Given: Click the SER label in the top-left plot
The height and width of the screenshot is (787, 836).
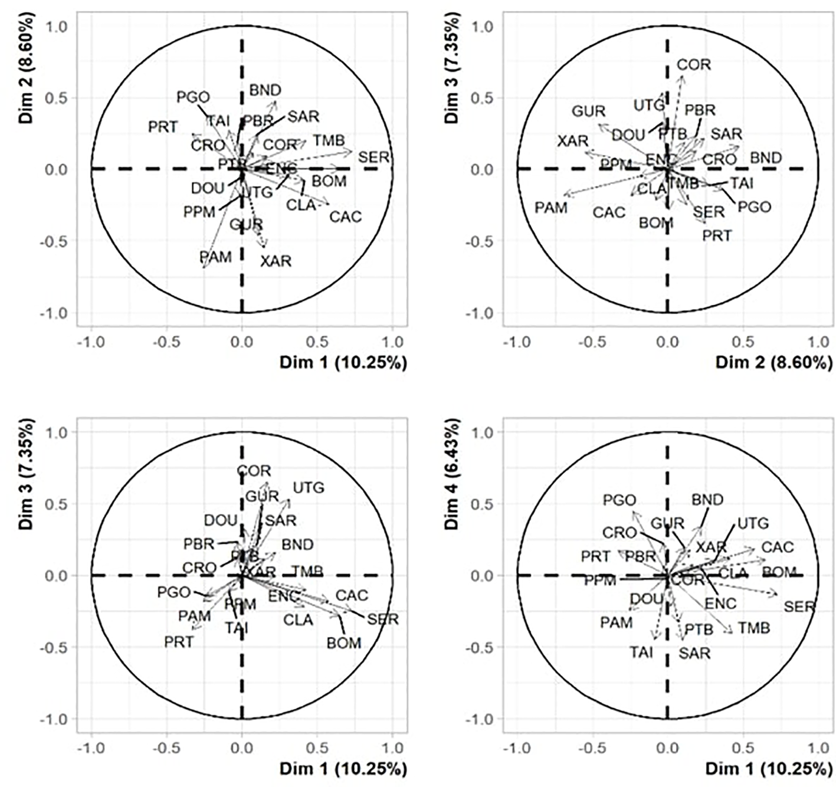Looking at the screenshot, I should pyautogui.click(x=374, y=158).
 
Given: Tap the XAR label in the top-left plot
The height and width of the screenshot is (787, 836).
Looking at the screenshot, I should pyautogui.click(x=276, y=260).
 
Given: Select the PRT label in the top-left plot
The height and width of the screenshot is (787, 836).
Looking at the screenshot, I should pyautogui.click(x=163, y=127).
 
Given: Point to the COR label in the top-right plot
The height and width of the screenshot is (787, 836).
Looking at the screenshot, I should pyautogui.click(x=694, y=64).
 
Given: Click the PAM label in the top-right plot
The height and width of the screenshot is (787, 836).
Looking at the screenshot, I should pyautogui.click(x=551, y=208).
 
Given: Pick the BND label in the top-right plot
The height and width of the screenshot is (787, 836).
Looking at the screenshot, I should pyautogui.click(x=766, y=158).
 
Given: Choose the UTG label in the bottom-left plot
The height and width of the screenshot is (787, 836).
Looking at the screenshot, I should pyautogui.click(x=309, y=488).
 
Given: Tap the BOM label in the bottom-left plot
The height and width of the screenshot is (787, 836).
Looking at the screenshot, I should pyautogui.click(x=344, y=642).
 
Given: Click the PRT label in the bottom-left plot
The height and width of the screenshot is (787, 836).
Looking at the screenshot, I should pyautogui.click(x=179, y=642).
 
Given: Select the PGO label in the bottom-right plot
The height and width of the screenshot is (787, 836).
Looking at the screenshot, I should pyautogui.click(x=619, y=501).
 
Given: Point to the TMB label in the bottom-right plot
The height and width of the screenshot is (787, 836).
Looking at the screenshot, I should pyautogui.click(x=754, y=628).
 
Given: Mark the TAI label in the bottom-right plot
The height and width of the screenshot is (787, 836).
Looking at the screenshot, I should pyautogui.click(x=641, y=652).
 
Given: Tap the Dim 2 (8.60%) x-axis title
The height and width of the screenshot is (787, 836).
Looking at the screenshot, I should pyautogui.click(x=774, y=362).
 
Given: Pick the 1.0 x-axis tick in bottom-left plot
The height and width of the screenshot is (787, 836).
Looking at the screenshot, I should pyautogui.click(x=392, y=748).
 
